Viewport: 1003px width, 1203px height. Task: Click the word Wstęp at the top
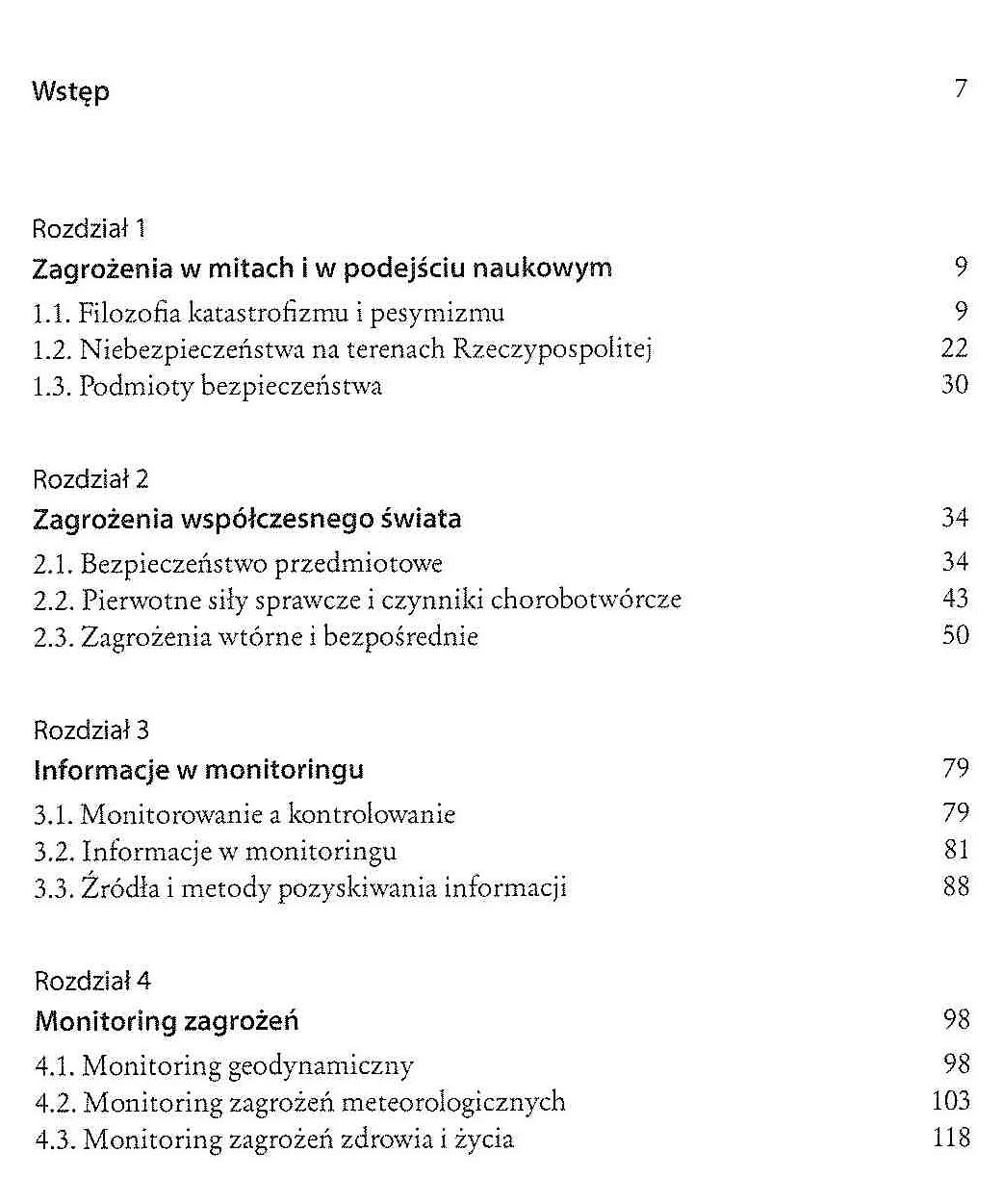click(x=70, y=91)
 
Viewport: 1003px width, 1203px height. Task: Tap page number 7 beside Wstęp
click(x=961, y=89)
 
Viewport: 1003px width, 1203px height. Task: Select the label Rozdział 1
click(x=89, y=229)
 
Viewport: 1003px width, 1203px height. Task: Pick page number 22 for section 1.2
click(x=954, y=347)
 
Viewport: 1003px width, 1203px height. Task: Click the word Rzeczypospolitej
click(x=552, y=349)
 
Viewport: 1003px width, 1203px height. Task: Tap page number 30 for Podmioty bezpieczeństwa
click(x=954, y=385)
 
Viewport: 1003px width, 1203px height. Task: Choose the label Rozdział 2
click(x=90, y=479)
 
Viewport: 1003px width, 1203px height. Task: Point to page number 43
click(x=955, y=598)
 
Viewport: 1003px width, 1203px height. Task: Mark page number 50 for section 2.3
click(x=955, y=635)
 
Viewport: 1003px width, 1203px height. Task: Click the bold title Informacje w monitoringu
click(x=198, y=770)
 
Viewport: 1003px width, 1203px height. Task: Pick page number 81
click(x=956, y=850)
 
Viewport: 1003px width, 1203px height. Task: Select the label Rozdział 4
click(x=92, y=981)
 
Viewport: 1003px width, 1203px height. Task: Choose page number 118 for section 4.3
click(x=951, y=1138)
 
